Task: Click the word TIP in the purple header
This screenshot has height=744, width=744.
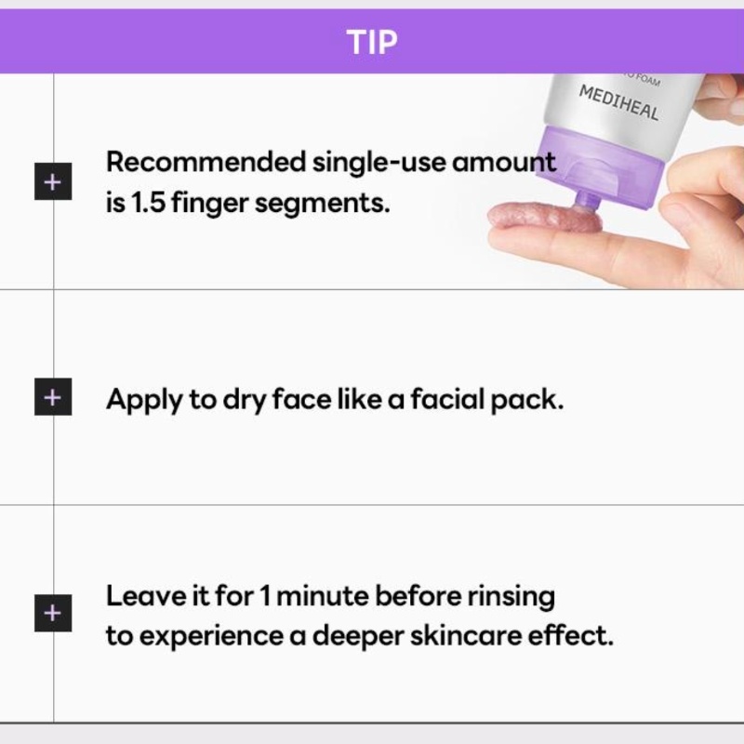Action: pos(372,42)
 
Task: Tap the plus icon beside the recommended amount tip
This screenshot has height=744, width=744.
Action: pos(53,181)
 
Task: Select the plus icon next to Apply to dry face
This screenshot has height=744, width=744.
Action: pos(53,397)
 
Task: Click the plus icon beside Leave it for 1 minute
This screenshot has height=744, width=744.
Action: pos(53,613)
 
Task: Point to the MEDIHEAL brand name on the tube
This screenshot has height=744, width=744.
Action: pos(618,103)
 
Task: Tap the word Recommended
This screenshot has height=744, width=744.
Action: pos(206,162)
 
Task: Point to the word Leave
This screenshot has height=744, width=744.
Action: pos(146,595)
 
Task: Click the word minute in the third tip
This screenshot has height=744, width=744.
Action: pos(322,596)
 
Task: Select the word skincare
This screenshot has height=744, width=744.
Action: pos(466,636)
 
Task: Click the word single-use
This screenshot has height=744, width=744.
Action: pos(379,162)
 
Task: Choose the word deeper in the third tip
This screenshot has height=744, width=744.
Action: pos(358,637)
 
